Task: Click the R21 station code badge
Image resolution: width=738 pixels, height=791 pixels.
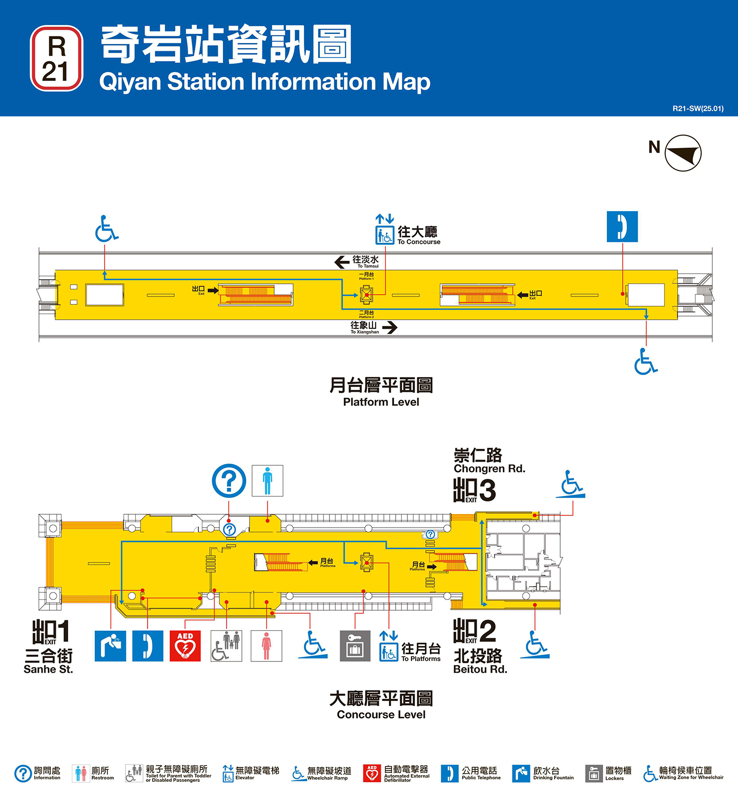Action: click(56, 58)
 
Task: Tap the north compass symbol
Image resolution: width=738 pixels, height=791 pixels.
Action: click(683, 153)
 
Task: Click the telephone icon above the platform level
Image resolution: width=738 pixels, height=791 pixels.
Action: click(622, 226)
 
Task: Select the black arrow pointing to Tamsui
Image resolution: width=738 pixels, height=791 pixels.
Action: click(342, 262)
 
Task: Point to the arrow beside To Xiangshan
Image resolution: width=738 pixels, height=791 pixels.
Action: click(389, 327)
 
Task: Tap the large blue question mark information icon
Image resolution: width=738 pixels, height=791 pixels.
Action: click(229, 481)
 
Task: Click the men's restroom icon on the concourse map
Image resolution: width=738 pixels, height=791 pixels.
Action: click(267, 481)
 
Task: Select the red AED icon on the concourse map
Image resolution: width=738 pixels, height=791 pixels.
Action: click(185, 646)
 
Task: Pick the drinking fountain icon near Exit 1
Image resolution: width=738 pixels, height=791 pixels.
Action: click(110, 646)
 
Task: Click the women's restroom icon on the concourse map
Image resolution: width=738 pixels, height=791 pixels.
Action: click(266, 646)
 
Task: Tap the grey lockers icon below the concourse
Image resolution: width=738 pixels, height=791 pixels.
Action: click(355, 646)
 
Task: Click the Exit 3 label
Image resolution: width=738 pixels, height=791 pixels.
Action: click(475, 490)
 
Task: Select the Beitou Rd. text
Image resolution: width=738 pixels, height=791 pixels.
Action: click(480, 669)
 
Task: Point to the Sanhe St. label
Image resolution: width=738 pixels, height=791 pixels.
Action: click(48, 669)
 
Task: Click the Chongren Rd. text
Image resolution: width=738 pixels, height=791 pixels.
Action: click(489, 468)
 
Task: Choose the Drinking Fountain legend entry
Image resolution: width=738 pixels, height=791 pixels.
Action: click(543, 773)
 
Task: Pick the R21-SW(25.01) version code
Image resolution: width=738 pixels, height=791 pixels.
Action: click(698, 109)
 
